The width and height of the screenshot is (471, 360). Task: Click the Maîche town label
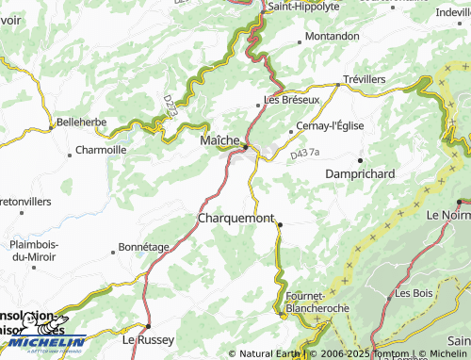click(x=219, y=139)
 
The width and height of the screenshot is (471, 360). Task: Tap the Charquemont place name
click(x=235, y=218)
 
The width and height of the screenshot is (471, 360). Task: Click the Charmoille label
click(x=101, y=150)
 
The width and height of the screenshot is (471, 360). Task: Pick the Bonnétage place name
click(x=143, y=247)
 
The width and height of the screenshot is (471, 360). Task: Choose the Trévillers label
click(x=365, y=79)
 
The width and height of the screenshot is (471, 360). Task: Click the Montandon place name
click(x=333, y=36)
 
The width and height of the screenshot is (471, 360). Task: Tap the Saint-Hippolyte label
click(x=303, y=6)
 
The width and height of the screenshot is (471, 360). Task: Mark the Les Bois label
click(x=414, y=293)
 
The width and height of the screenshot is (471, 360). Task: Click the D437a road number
click(x=305, y=152)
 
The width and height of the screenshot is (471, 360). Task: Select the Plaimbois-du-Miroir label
click(x=32, y=250)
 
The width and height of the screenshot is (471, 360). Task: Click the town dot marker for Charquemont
click(x=280, y=223)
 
